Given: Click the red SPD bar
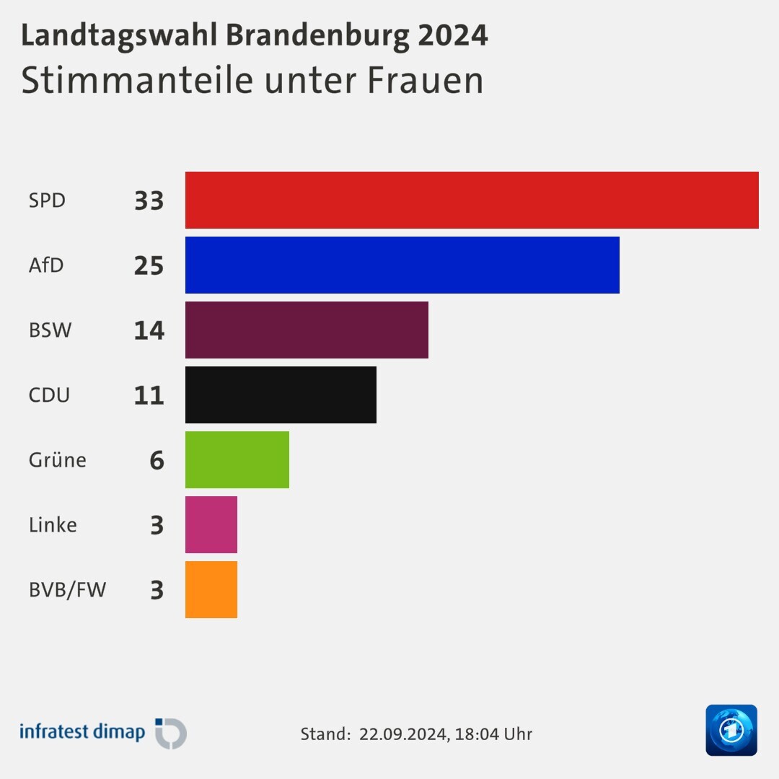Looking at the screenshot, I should click(x=472, y=200).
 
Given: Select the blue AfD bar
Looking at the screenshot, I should click(x=402, y=265).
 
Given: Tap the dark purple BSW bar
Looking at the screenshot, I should click(x=307, y=330).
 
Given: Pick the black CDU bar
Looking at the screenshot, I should click(x=281, y=395).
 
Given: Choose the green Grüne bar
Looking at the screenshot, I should click(x=237, y=459).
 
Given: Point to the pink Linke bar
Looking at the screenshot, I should click(x=211, y=524).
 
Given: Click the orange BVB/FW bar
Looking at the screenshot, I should click(x=211, y=589).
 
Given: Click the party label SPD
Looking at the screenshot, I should click(x=47, y=200).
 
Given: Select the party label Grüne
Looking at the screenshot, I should click(x=58, y=460).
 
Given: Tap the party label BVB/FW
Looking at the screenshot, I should click(x=67, y=590).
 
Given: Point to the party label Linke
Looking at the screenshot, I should click(x=53, y=525).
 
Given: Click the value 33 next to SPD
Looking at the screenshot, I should click(x=149, y=201).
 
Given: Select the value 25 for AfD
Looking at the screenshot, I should click(x=149, y=265).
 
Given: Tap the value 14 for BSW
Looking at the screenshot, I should click(x=149, y=330).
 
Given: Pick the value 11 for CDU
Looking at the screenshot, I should click(x=149, y=395).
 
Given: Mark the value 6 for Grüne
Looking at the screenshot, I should click(x=157, y=460).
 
